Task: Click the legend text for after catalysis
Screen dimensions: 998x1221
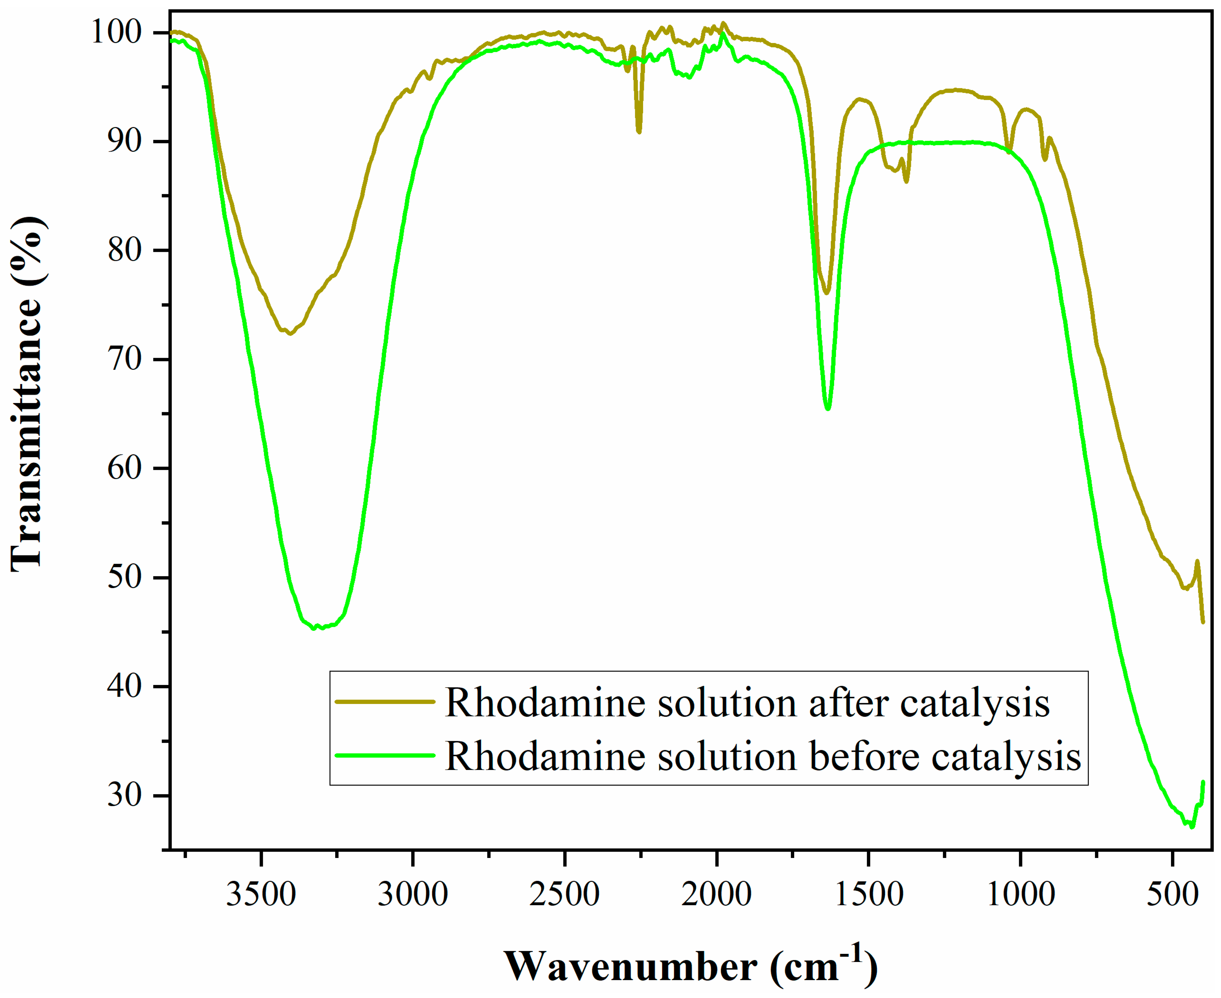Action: pos(747,703)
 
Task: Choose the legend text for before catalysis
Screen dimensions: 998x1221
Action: pos(763,756)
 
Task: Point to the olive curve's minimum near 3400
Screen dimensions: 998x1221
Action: pos(290,333)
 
